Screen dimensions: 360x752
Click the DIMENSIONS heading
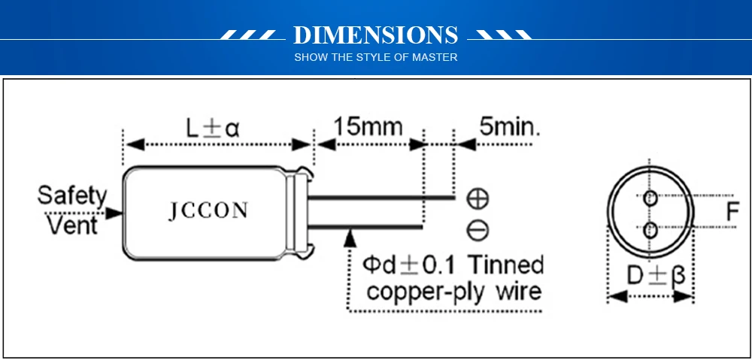click(x=375, y=35)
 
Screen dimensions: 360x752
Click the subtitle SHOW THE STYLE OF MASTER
click(x=375, y=57)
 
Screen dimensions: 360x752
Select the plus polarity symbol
click(x=478, y=198)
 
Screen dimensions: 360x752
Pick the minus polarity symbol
click(x=478, y=229)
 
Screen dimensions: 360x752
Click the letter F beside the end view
click(x=732, y=213)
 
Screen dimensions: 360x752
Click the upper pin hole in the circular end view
click(x=650, y=198)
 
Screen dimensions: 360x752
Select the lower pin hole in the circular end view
click(x=650, y=228)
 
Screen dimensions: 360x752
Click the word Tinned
click(x=505, y=265)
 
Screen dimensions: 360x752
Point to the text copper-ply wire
click(x=453, y=292)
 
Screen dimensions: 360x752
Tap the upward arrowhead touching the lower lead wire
click(x=349, y=236)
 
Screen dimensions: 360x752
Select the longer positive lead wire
click(x=384, y=198)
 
